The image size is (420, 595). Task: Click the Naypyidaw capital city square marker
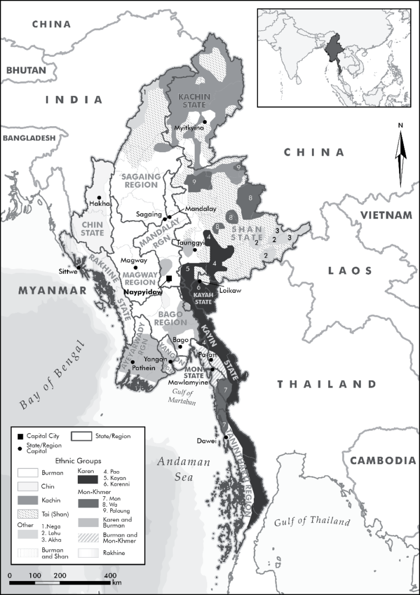point(169,279)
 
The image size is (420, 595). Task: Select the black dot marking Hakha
point(99,197)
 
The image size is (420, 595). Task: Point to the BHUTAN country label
point(26,70)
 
